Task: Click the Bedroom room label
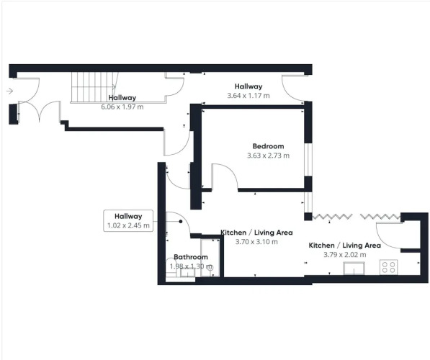tap(268, 146)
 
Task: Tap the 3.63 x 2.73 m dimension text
tap(268, 156)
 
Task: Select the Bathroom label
tap(191, 257)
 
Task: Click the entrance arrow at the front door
tap(10, 91)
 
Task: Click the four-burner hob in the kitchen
tap(389, 267)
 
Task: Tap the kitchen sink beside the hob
tap(354, 268)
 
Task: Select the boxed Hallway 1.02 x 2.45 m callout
tap(128, 221)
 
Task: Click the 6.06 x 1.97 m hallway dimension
tap(122, 107)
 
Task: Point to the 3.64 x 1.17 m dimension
tap(248, 96)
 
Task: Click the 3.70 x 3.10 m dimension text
tap(256, 241)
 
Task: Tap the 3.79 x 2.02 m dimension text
tap(345, 254)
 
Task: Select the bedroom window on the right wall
tap(308, 160)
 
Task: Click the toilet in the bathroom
tap(171, 267)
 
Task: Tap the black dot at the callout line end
tap(181, 222)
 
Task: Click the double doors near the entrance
tap(40, 111)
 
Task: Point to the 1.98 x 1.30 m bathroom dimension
tap(191, 266)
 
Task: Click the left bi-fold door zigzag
tap(332, 217)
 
